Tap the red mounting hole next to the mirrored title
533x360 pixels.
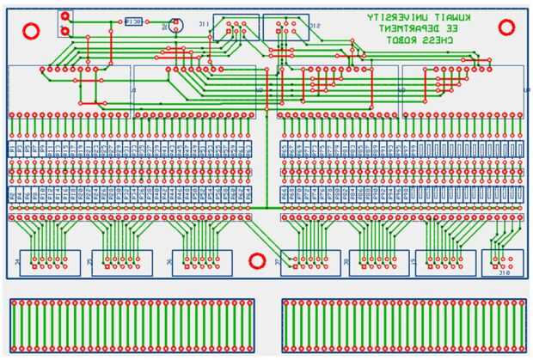pyautogui.click(x=512, y=32)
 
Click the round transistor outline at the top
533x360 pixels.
pyautogui.click(x=175, y=24)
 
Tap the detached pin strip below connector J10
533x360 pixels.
pyautogui.click(x=403, y=326)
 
